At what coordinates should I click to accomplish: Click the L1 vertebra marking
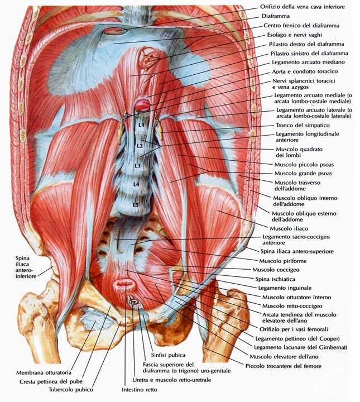[141, 125]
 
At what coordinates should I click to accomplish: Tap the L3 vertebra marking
[138, 166]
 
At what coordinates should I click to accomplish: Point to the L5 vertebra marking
[136, 205]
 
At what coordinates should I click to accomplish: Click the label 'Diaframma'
[276, 16]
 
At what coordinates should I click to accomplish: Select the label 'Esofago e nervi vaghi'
[294, 35]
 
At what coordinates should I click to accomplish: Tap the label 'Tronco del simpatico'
[303, 126]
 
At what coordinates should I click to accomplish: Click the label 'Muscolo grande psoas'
[303, 173]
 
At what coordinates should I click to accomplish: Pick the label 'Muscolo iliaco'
[289, 228]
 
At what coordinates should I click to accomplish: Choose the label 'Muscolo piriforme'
[283, 261]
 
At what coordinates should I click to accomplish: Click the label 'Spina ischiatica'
[275, 279]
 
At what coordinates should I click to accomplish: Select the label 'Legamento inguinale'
[285, 288]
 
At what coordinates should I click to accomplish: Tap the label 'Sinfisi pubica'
[168, 355]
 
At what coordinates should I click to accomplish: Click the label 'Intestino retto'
[140, 390]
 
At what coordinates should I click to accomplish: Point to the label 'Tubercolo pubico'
[71, 390]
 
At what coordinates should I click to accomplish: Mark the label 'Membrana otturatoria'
[44, 372]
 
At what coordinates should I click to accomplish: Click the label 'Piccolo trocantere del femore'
[283, 366]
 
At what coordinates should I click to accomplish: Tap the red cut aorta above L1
[142, 104]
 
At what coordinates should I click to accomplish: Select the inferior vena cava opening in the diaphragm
[115, 31]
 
